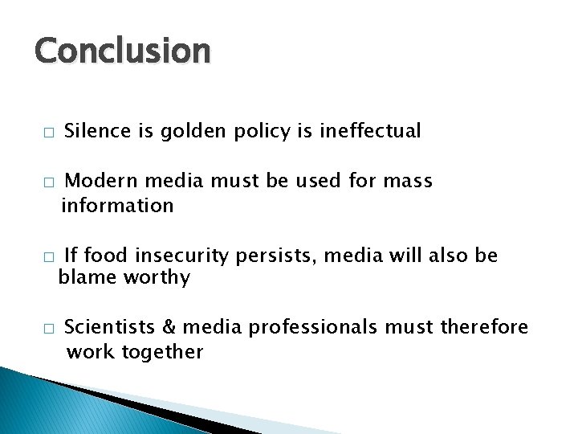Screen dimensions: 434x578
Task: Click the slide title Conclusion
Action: [x=122, y=51]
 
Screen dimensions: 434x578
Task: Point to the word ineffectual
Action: [x=369, y=131]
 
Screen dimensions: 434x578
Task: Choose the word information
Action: [x=117, y=206]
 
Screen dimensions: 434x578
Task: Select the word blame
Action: [x=88, y=278]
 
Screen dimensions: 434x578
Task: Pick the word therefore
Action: [x=483, y=327]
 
